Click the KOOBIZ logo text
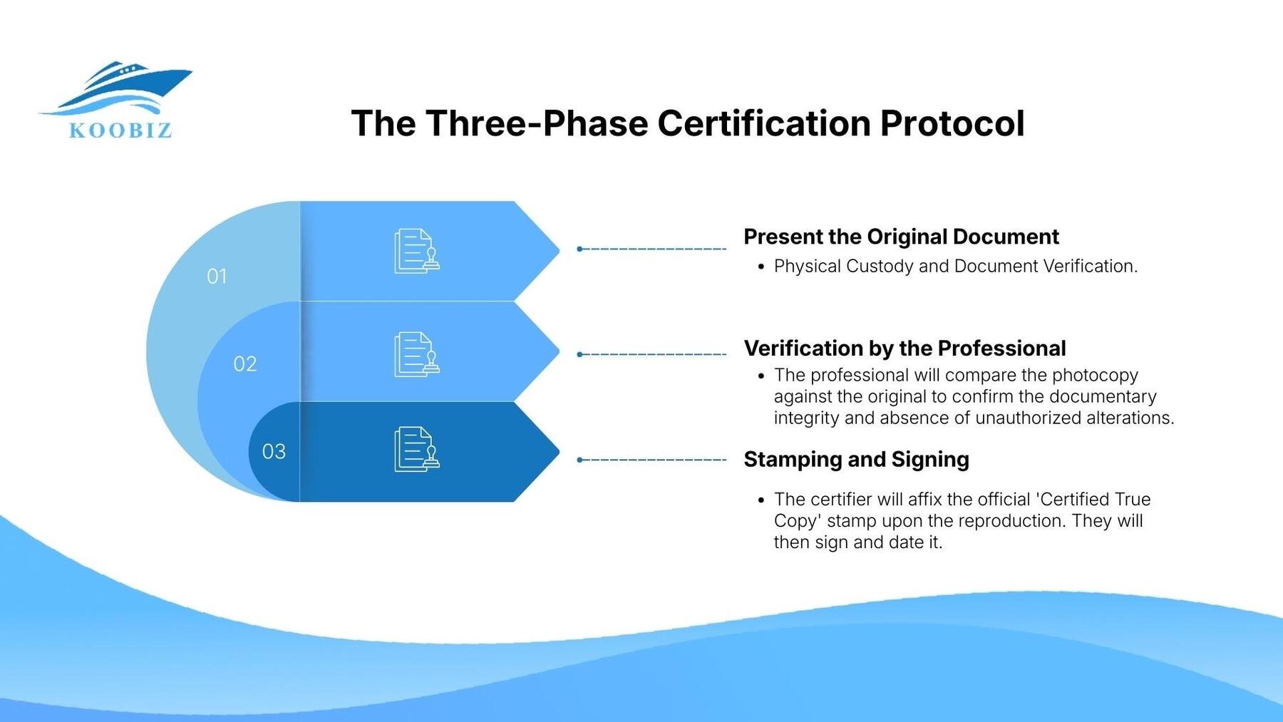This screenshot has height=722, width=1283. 120,130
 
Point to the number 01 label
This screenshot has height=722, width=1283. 217,277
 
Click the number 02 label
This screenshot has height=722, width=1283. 244,364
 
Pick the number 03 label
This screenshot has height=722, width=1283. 274,452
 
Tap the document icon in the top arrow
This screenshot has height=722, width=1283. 417,251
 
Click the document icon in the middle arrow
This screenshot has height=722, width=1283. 417,354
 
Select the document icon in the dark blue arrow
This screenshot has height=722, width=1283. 417,449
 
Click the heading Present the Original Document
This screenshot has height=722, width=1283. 901,237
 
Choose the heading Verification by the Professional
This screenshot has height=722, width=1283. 905,349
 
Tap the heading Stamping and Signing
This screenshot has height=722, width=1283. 856,460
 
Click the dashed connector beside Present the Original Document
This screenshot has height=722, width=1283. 651,249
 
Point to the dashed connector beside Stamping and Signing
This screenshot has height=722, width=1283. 651,460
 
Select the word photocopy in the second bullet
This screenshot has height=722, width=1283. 1095,376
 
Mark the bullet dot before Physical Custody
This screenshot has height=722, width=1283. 761,267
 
